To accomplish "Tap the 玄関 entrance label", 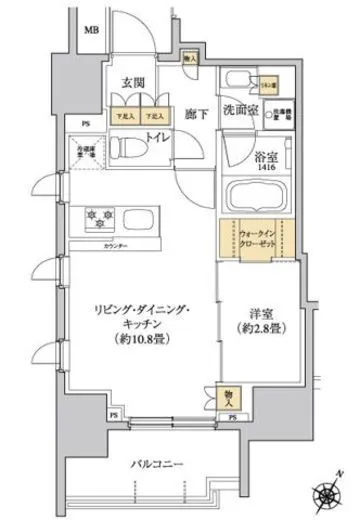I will click(x=134, y=83).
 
